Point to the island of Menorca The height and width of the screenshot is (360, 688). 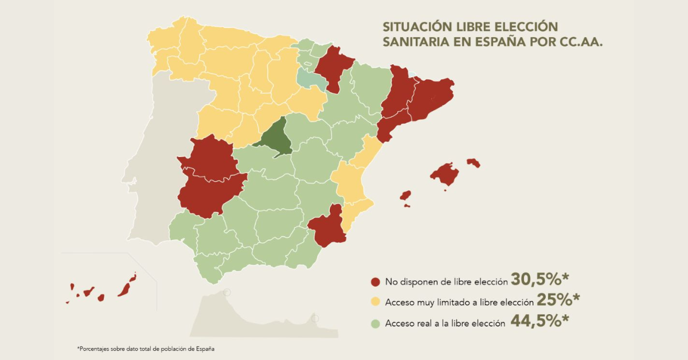coord(473,163)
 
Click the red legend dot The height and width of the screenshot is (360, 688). coord(376,281)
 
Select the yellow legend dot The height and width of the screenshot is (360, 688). coord(376,302)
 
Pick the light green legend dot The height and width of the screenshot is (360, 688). coord(376,323)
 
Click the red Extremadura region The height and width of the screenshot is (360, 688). coord(209,178)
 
